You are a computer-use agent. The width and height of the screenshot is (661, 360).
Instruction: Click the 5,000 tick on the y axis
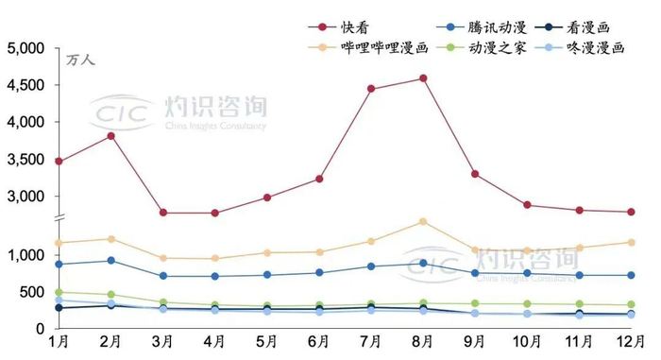point(25,47)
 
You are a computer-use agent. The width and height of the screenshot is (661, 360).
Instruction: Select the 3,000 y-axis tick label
point(25,197)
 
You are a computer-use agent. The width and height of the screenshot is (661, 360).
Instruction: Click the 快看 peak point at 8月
point(423,78)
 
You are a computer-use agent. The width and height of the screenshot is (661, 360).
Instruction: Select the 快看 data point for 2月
point(111,136)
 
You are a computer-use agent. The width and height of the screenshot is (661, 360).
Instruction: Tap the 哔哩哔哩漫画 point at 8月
point(423,222)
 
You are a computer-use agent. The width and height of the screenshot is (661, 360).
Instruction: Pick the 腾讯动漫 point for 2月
point(111,261)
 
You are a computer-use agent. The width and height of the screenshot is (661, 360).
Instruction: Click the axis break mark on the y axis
point(59,219)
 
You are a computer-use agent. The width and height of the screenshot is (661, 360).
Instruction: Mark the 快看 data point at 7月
point(371,89)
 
